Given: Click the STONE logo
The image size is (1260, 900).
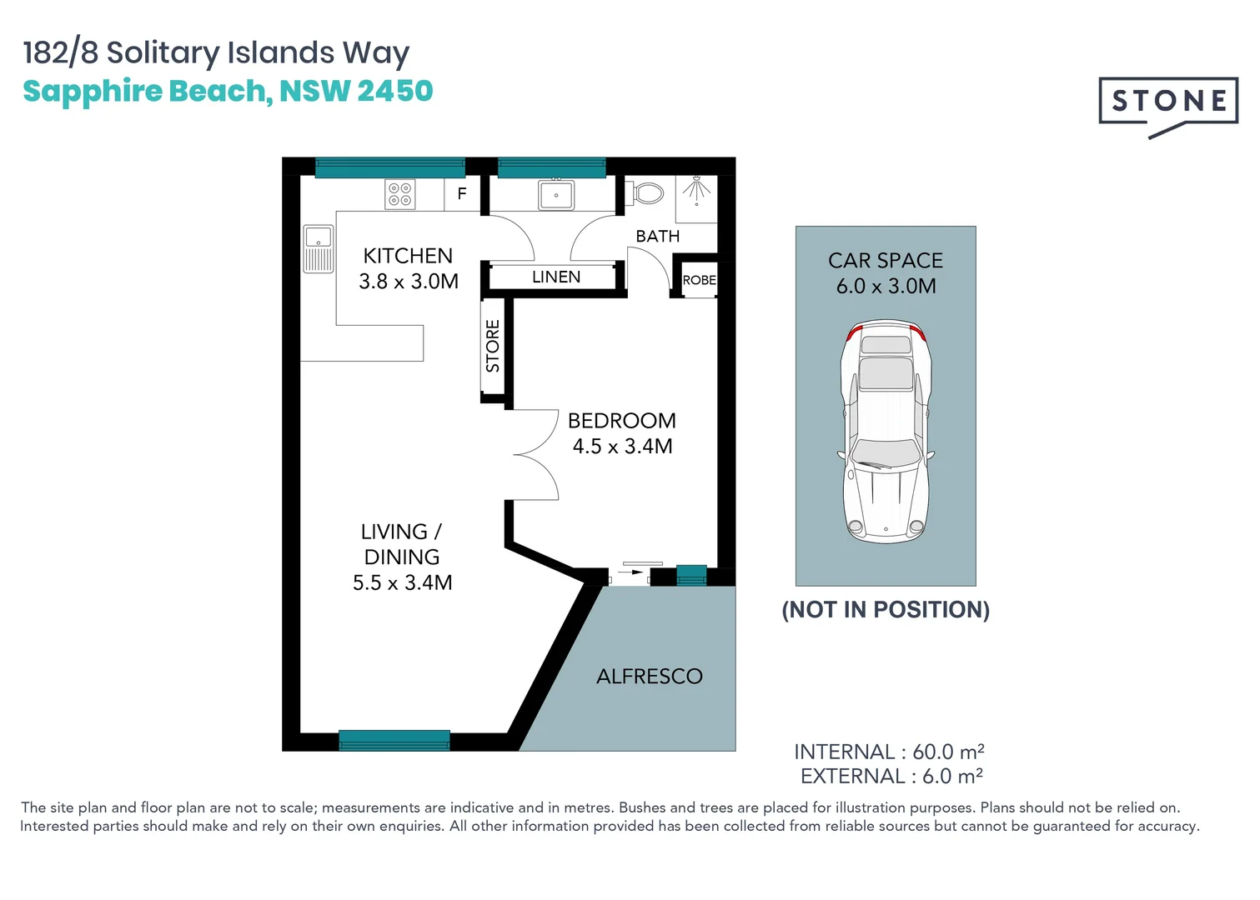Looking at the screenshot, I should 1168,102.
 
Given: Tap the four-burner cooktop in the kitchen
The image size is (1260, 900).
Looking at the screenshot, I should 399,194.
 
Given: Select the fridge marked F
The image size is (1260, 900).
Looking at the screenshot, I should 462,193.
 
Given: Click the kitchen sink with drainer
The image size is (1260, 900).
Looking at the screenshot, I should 318,248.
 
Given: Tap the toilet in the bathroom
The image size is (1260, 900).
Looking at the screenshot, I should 646,193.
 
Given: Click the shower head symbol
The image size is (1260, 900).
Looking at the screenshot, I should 696,189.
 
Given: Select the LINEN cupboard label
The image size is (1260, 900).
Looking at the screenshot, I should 556,277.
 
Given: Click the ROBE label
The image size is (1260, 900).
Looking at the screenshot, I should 699,280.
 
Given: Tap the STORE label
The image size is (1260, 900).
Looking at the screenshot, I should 493,345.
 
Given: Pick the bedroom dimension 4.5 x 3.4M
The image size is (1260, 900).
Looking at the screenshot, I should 622,447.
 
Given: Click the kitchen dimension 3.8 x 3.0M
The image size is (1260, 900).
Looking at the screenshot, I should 409,282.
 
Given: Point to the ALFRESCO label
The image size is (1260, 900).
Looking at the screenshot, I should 649,676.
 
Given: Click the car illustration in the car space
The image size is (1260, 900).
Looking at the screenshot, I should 886,431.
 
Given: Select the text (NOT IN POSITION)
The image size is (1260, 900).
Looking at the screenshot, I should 886,610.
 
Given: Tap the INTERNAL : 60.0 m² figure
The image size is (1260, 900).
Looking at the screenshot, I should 889,752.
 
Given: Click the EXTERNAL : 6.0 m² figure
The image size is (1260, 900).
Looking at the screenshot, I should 891,777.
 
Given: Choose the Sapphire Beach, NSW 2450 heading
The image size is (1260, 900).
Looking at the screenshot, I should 228,91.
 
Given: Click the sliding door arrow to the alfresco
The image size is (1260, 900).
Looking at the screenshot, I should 632,572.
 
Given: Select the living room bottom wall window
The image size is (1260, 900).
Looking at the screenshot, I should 394,740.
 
